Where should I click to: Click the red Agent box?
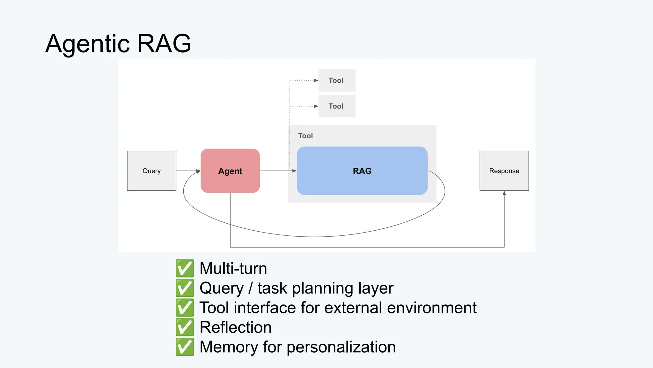(230, 171)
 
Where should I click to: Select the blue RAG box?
(362, 171)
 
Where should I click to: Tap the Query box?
(151, 171)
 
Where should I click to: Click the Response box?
(504, 171)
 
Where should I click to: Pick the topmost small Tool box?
(337, 80)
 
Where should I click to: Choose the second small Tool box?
(337, 106)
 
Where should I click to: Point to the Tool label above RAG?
(305, 136)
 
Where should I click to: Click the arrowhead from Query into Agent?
(198, 171)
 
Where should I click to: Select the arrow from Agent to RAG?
(277, 171)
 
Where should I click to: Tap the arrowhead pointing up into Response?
(504, 193)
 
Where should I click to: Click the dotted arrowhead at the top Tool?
(316, 80)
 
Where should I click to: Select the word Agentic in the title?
(88, 44)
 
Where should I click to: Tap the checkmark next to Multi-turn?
(185, 268)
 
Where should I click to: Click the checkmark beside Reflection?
(185, 327)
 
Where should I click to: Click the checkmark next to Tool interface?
(185, 308)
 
